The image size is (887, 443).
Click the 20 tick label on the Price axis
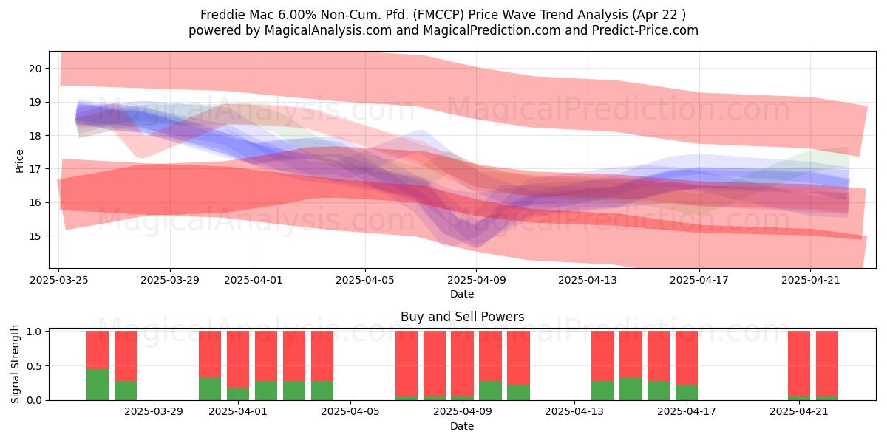(x=35, y=69)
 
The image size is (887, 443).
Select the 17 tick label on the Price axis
(x=35, y=169)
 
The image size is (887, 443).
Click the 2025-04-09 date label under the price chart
(x=476, y=280)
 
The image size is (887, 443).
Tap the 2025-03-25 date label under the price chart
(x=59, y=280)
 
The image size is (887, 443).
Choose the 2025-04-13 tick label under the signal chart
(x=574, y=412)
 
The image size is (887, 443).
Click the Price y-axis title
(x=19, y=161)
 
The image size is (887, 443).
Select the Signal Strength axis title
(x=15, y=364)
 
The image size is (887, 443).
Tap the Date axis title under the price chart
(x=462, y=294)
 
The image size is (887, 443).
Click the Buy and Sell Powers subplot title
(x=462, y=317)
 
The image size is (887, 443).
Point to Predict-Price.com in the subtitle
(x=645, y=30)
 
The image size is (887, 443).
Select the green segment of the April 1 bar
(x=238, y=394)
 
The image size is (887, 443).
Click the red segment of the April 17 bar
(x=687, y=357)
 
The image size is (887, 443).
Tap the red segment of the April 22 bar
(x=827, y=363)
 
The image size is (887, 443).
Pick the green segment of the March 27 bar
(x=98, y=385)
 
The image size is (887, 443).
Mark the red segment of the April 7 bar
(x=407, y=363)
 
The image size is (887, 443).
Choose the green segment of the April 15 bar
(x=631, y=389)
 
